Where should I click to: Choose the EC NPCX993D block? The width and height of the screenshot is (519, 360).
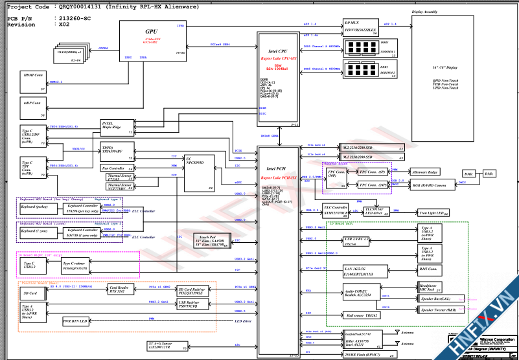point(199,172)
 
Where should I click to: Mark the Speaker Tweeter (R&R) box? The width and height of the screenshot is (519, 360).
point(444,310)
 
